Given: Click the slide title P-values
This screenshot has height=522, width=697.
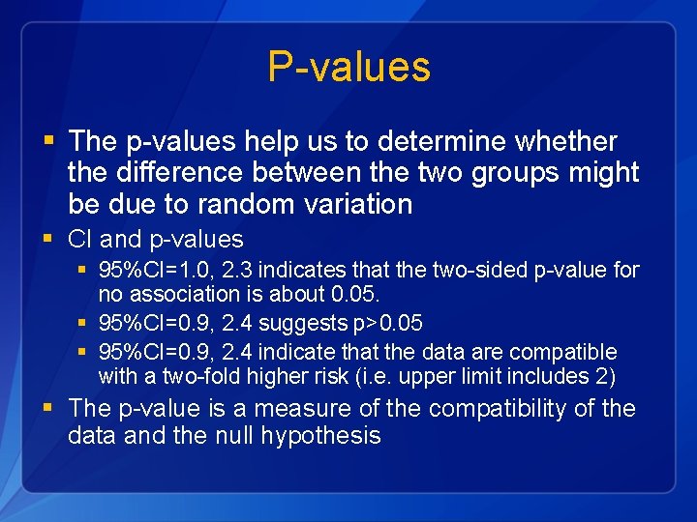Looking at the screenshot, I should point(348,67).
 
